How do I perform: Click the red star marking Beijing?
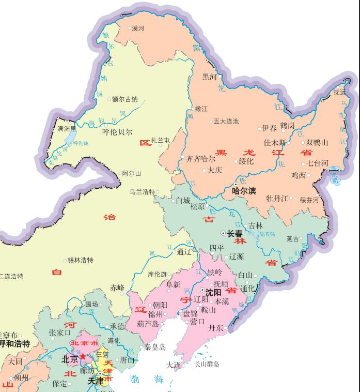coord(83,357)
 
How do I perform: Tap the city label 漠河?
coord(138,28)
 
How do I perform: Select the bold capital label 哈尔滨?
coord(244,191)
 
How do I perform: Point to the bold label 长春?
coord(235,234)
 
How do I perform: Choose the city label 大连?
coord(173,365)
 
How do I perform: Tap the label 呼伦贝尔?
coord(117,132)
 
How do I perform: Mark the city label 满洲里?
coord(67,128)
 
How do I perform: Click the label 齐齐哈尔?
coord(201,159)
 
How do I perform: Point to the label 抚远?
coord(339,93)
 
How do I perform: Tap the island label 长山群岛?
coord(207,364)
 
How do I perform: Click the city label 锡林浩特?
coord(81,260)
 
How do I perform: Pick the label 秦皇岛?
coord(155,348)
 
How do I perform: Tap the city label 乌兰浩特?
coord(142,192)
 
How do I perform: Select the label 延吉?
coord(293,239)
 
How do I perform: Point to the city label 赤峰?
coord(117,288)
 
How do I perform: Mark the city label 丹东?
coord(216,328)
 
